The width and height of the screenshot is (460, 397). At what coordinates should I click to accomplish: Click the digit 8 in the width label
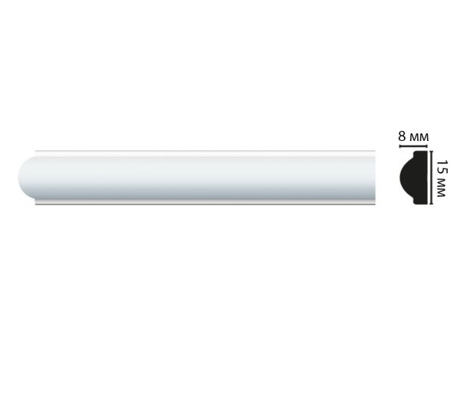coord(402,136)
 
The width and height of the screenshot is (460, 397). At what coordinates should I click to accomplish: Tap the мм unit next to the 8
coord(419,137)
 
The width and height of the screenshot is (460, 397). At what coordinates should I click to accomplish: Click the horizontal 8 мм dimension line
coord(414,146)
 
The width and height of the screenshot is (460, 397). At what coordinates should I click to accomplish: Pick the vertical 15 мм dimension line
coord(431,177)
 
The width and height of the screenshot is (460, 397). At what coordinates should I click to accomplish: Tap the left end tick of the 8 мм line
coord(399,146)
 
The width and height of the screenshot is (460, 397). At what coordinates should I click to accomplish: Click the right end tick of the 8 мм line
coord(428,146)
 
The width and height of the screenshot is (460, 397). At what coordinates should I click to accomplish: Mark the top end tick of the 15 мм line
coord(431,151)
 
